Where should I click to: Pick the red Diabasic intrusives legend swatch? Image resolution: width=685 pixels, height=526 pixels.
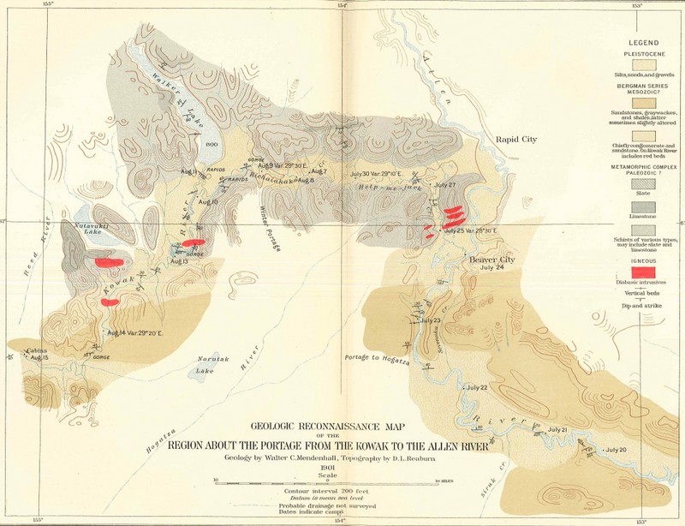pos(648,271)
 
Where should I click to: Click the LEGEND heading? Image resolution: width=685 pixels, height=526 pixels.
pos(646,43)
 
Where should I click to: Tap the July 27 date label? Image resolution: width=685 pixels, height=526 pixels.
pos(444,185)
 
